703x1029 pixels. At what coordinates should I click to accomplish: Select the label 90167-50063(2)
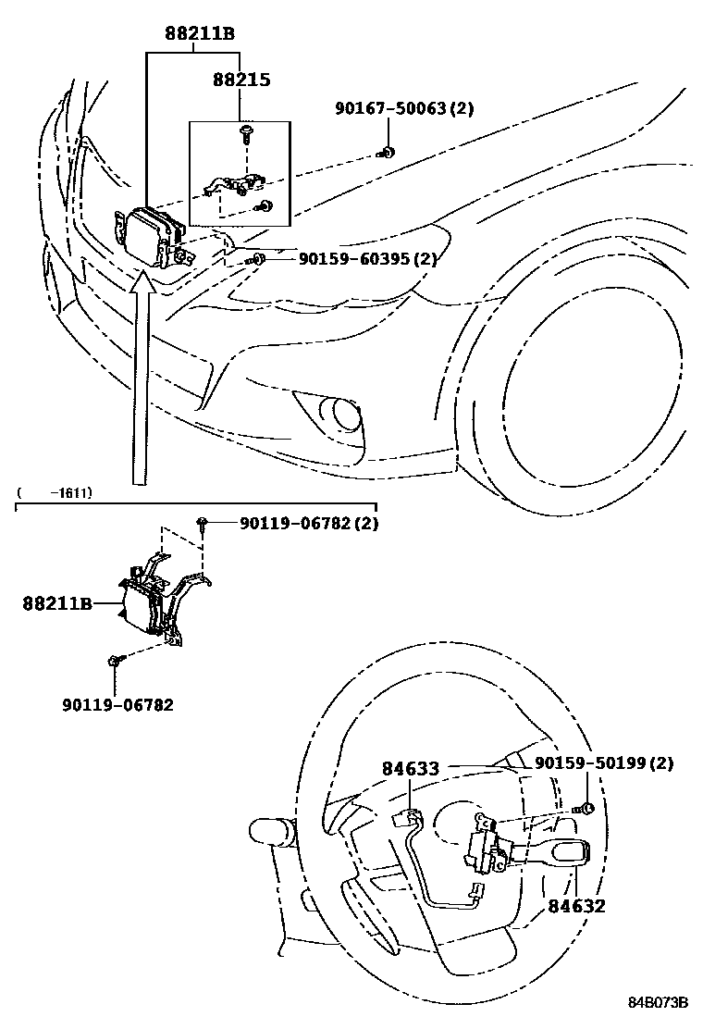(403, 109)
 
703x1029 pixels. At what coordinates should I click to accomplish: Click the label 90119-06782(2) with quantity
(308, 524)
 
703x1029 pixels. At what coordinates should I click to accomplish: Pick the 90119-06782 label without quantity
(118, 704)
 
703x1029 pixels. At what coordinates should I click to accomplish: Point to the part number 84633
(410, 768)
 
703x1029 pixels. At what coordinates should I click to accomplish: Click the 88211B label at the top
(200, 35)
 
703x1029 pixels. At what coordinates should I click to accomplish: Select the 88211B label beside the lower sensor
(57, 604)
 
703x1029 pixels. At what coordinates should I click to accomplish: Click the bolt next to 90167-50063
(388, 152)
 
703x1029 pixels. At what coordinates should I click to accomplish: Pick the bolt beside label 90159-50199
(585, 809)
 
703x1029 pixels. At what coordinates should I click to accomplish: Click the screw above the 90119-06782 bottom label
(114, 660)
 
